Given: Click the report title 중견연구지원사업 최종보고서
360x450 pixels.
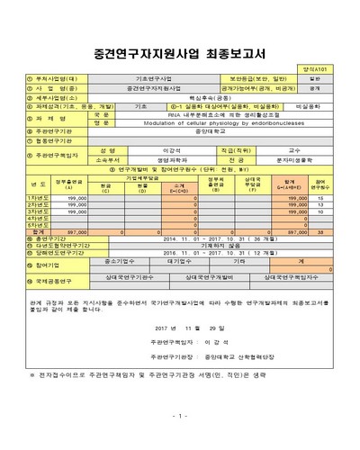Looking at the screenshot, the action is (x=179, y=42).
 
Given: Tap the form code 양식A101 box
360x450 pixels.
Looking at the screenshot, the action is (x=335, y=68).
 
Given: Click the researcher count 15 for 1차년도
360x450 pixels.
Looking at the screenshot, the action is (x=321, y=198).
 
